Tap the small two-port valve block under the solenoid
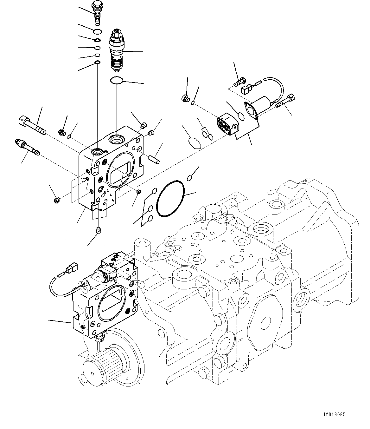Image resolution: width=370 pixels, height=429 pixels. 227,125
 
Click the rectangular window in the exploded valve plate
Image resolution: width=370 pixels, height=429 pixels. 118,173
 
